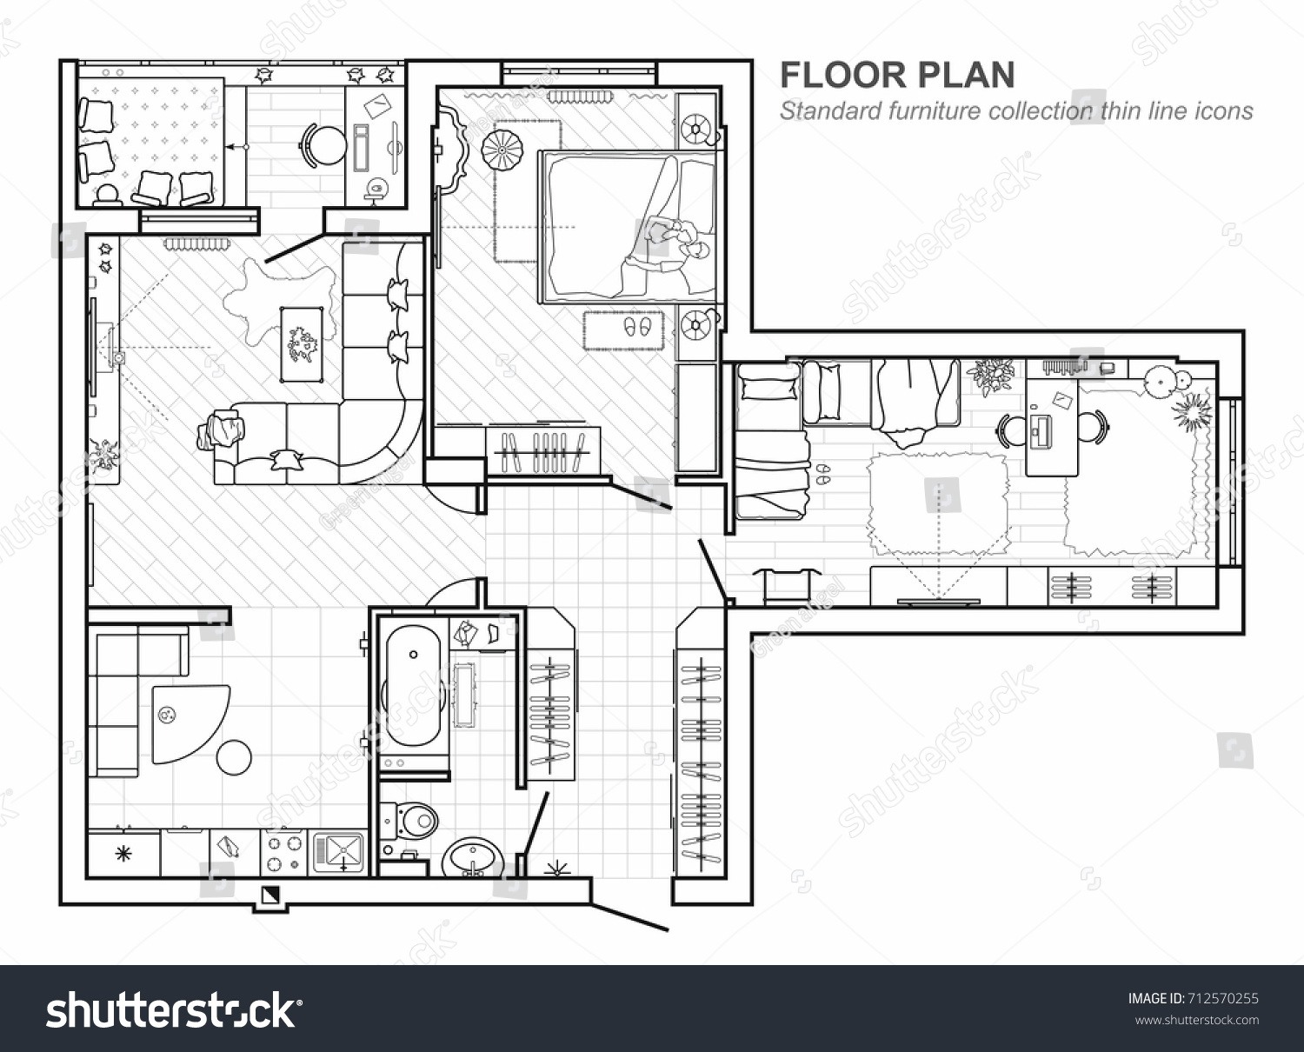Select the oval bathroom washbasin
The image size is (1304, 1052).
tap(470, 856)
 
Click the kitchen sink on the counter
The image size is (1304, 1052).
tap(341, 851)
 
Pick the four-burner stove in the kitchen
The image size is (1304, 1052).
tap(284, 852)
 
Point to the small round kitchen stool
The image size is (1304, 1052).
tap(235, 756)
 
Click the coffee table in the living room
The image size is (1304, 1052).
tap(303, 343)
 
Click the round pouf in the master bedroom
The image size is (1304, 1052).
tap(502, 150)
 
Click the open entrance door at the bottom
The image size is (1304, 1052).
tap(630, 917)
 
